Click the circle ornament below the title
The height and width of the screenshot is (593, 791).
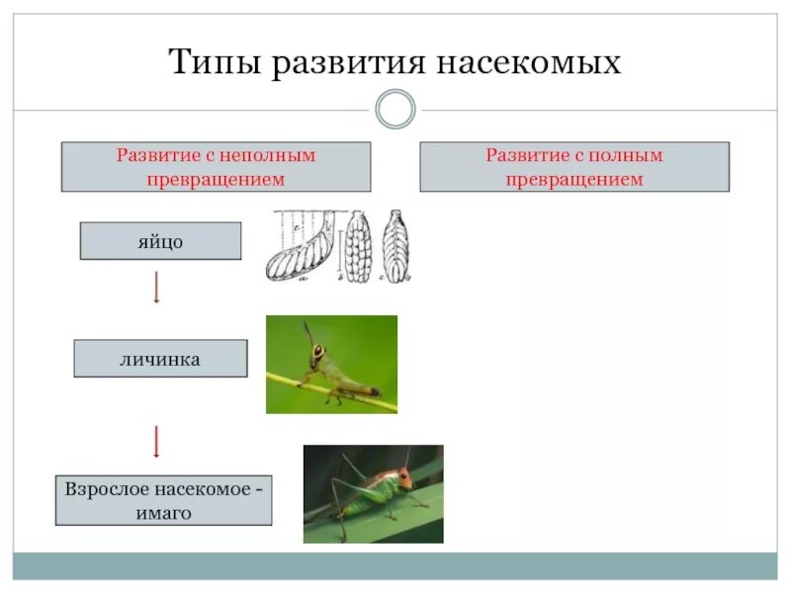point(395,110)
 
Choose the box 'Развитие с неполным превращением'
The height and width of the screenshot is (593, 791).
point(216,167)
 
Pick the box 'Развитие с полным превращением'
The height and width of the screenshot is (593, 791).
point(574,167)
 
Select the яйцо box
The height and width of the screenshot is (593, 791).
point(159,241)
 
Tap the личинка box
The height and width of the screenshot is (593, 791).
point(160,359)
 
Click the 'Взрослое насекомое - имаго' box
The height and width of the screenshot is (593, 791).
point(163,500)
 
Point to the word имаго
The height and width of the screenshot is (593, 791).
point(163,512)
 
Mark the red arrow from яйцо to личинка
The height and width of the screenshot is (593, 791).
point(156,288)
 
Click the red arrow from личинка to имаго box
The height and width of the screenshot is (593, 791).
point(156,441)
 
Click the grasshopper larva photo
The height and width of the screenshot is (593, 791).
point(331,365)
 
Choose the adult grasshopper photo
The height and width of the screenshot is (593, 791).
point(373,493)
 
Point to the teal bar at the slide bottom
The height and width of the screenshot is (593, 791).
point(395,565)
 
